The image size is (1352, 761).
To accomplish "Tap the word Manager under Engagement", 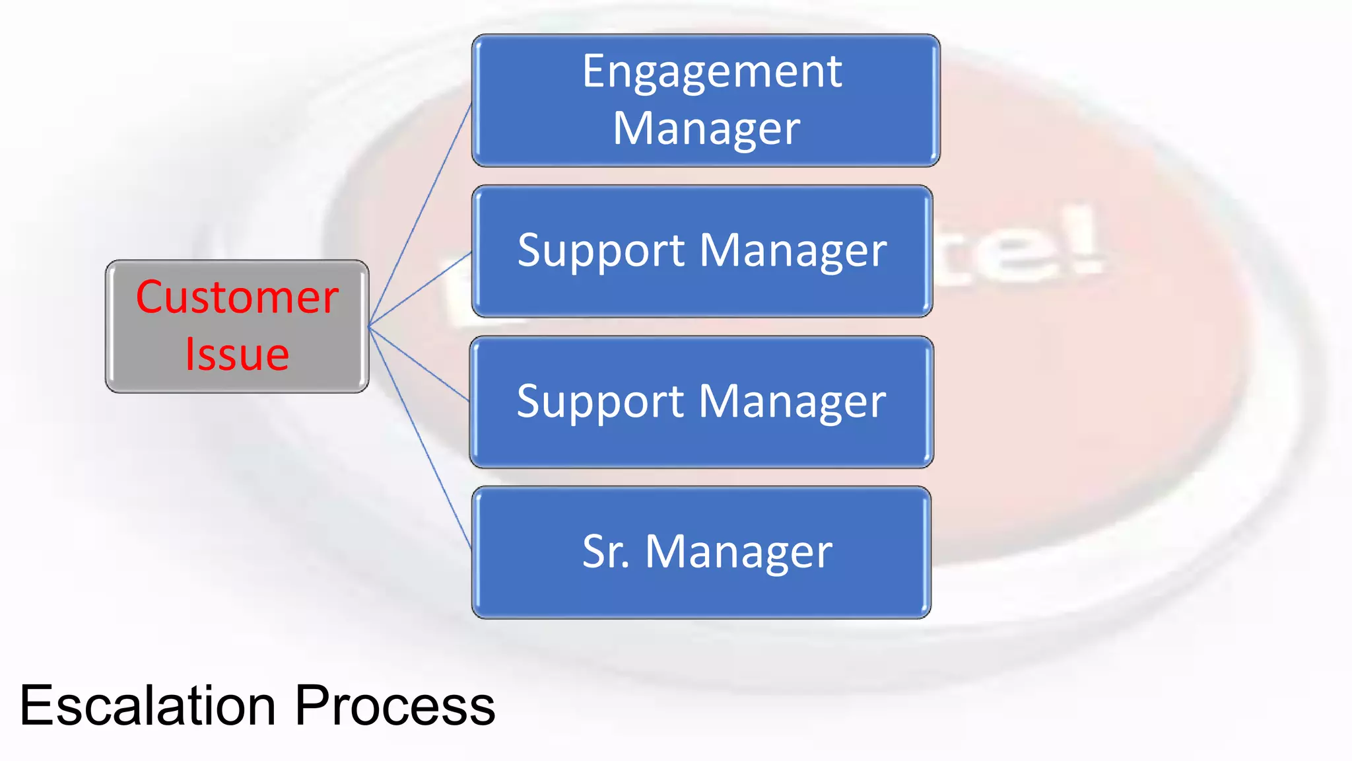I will [706, 128].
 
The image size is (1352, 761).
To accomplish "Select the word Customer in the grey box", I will [237, 297].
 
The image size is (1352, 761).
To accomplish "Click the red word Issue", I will [237, 355].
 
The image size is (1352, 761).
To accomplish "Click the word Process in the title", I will [394, 706].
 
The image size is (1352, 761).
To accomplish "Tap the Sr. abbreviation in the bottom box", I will [605, 552].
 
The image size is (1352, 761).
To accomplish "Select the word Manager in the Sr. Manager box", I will [738, 552].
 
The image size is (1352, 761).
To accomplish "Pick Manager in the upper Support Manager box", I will [792, 251].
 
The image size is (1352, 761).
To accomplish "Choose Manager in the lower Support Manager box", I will [792, 402].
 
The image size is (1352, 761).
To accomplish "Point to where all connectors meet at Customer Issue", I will [370, 326].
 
